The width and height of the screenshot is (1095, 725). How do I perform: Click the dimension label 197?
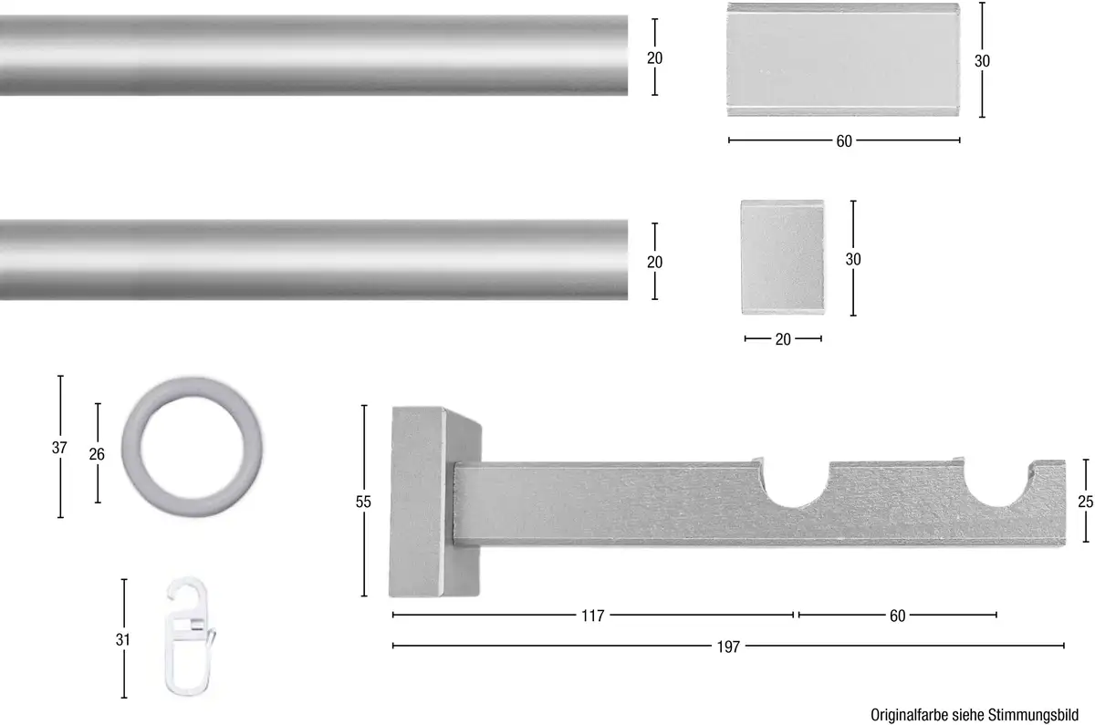(x=728, y=647)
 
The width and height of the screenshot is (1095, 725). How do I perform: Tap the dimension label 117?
(x=592, y=616)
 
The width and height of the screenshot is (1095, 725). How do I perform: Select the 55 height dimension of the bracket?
(x=363, y=502)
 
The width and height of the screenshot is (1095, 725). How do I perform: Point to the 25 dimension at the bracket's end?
(x=1085, y=502)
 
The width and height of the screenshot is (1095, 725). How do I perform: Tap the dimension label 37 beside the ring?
(x=59, y=447)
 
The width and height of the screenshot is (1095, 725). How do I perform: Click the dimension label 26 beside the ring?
(x=97, y=454)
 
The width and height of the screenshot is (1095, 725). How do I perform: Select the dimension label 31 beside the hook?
(x=122, y=639)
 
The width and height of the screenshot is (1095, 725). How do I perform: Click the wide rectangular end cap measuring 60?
(x=843, y=59)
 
